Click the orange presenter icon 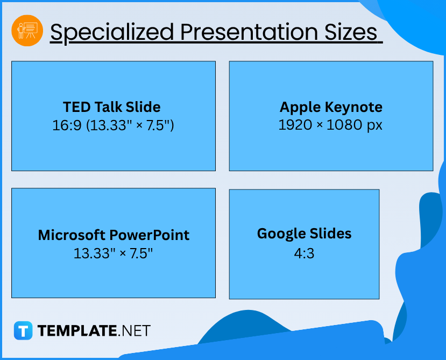[x=27, y=31]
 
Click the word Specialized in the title [x=112, y=32]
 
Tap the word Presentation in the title [x=249, y=32]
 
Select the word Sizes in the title [x=351, y=32]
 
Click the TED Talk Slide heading [x=112, y=107]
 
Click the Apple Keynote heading [x=331, y=107]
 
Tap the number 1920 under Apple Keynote [x=295, y=125]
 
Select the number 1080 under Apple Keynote [x=344, y=125]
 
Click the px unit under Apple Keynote [x=374, y=126]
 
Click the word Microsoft [x=72, y=235]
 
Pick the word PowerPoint [x=150, y=236]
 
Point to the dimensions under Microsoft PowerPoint [x=113, y=253]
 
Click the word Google [x=281, y=234]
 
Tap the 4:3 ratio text [x=304, y=253]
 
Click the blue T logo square [x=23, y=330]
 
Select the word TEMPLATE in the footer [x=77, y=331]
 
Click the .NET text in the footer [x=134, y=331]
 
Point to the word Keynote [x=353, y=107]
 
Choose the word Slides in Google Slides [x=330, y=234]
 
